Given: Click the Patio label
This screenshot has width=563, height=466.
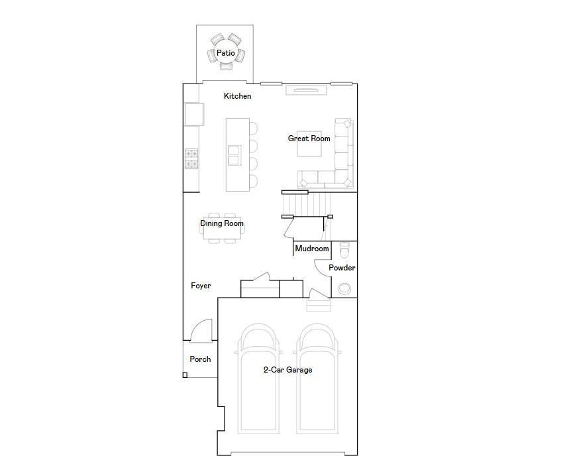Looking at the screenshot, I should point(225,53).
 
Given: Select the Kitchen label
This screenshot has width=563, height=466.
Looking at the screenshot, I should point(237,96).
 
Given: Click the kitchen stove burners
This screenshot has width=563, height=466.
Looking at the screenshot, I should point(191,157).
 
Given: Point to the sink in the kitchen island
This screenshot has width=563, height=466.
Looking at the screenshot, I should point(234,154).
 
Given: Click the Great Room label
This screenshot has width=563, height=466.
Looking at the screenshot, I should point(309,139).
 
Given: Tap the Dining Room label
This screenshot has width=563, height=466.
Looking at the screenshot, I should point(222,223).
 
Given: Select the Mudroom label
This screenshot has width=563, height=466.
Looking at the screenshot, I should point(311,249).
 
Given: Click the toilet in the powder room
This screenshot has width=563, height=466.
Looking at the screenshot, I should point(344,251).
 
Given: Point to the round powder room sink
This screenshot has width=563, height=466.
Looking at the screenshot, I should point(344,288).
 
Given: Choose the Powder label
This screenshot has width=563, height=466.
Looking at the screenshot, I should point(342,268).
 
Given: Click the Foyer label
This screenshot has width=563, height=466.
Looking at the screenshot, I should point(201,286).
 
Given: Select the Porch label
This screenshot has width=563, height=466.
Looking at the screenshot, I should point(200,359).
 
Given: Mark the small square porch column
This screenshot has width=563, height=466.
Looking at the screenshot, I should point(185,375).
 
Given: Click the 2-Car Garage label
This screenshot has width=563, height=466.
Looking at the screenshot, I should point(287,370).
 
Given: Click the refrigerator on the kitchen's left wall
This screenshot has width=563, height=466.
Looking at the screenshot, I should point(192,114).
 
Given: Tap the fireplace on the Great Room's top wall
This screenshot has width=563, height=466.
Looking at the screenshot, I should point(305,90).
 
